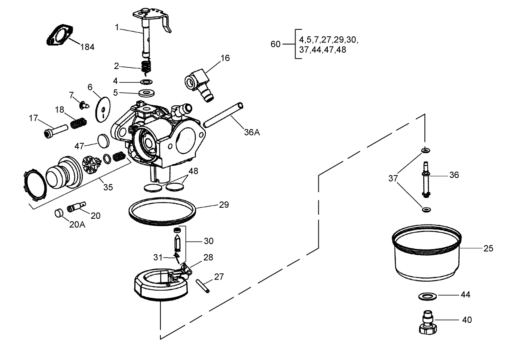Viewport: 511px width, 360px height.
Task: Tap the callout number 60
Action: (275, 44)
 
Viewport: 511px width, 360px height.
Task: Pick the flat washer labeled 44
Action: (426, 295)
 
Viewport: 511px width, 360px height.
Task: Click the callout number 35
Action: (108, 187)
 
